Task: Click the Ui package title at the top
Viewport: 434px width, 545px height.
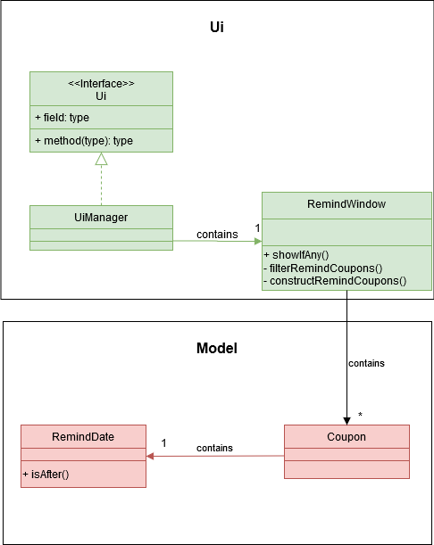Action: (216, 27)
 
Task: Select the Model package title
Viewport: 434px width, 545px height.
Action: (217, 348)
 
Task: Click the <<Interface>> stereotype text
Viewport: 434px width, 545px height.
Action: (101, 84)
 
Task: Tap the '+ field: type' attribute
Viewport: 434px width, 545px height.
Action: (62, 118)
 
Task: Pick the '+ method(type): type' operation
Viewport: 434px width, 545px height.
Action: (84, 141)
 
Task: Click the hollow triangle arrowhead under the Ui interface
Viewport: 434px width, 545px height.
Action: (101, 159)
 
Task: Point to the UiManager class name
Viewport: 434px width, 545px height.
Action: (101, 218)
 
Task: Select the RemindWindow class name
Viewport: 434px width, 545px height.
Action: (346, 204)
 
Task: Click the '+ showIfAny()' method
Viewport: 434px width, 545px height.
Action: (296, 255)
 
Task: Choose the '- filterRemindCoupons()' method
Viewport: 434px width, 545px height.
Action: (323, 268)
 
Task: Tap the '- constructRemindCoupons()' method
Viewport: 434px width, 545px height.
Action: (335, 281)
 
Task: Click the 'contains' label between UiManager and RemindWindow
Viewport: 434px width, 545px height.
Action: (217, 235)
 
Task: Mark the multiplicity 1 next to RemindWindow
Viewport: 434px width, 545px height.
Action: (257, 228)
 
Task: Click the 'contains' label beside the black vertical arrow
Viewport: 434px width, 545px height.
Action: (366, 363)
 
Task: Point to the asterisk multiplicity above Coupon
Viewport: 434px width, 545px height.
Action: (360, 415)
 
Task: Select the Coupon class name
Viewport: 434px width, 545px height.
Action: (346, 437)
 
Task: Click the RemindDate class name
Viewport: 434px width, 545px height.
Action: (83, 437)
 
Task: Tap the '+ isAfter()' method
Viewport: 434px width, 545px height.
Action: (46, 475)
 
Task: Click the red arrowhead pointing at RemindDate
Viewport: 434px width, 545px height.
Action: (150, 456)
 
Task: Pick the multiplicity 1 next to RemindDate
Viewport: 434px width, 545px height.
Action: (164, 442)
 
